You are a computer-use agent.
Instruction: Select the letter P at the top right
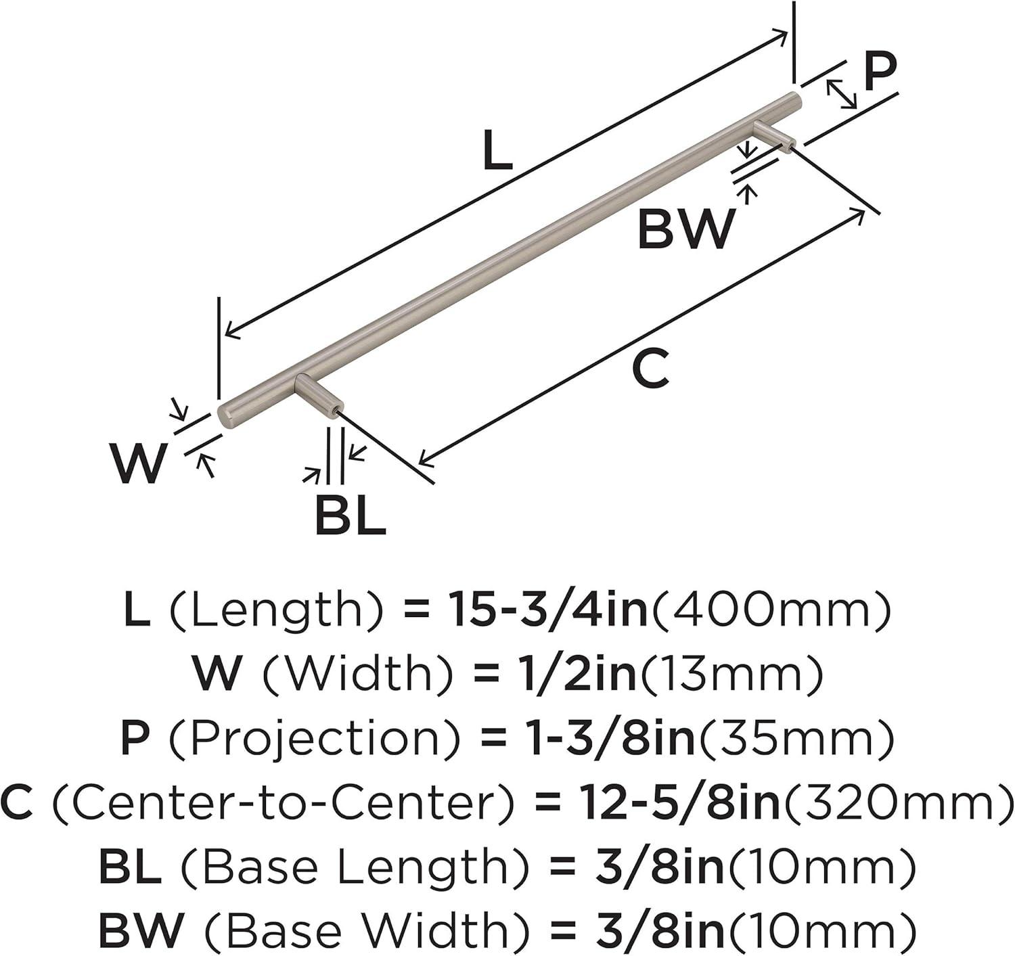pyautogui.click(x=880, y=73)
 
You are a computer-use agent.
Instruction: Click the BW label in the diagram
pyautogui.click(x=685, y=230)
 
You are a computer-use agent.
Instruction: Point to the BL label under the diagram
pyautogui.click(x=350, y=516)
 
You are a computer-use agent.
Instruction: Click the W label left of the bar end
pyautogui.click(x=139, y=464)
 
